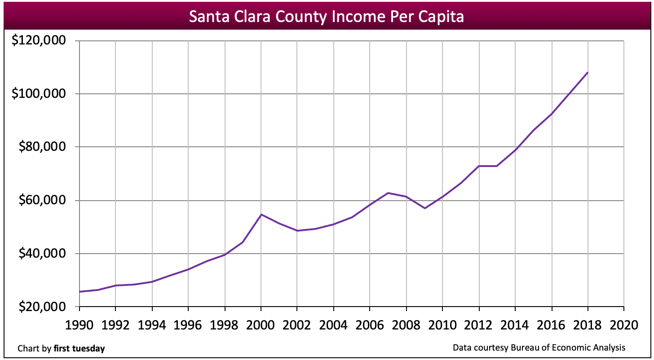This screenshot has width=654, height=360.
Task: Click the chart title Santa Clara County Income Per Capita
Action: tap(326, 17)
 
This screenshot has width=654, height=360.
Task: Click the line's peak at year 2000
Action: tap(261, 215)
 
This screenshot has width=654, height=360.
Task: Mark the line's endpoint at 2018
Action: tap(588, 72)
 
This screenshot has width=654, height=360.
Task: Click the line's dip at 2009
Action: tap(424, 208)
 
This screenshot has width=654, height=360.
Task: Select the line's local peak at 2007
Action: tap(388, 193)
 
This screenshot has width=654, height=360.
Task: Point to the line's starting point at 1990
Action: tap(80, 292)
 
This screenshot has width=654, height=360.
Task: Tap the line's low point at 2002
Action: tap(297, 231)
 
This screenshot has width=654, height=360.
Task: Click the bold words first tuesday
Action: tap(79, 348)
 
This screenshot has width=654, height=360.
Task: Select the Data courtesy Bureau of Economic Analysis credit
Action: tap(539, 347)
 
